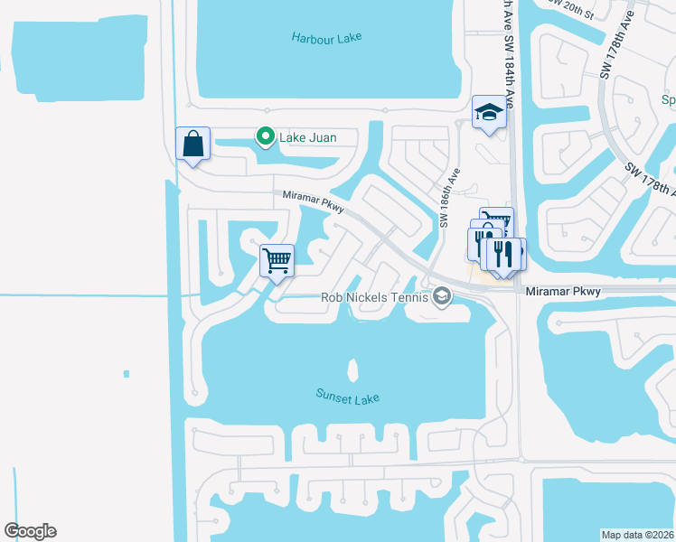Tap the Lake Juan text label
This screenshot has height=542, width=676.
[307, 137]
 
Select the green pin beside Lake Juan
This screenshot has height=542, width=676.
[265, 137]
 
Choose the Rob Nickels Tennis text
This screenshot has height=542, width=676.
[375, 296]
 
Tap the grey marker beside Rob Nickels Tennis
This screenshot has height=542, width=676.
[442, 296]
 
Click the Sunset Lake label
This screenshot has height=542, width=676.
[347, 397]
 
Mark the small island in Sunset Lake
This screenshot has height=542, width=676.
[352, 369]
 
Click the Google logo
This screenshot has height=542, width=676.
[30, 531]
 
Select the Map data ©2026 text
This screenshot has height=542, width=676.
[637, 535]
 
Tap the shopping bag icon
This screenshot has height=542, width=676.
[192, 144]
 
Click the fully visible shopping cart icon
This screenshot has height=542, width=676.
[277, 261]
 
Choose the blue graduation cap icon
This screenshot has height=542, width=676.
[489, 113]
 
